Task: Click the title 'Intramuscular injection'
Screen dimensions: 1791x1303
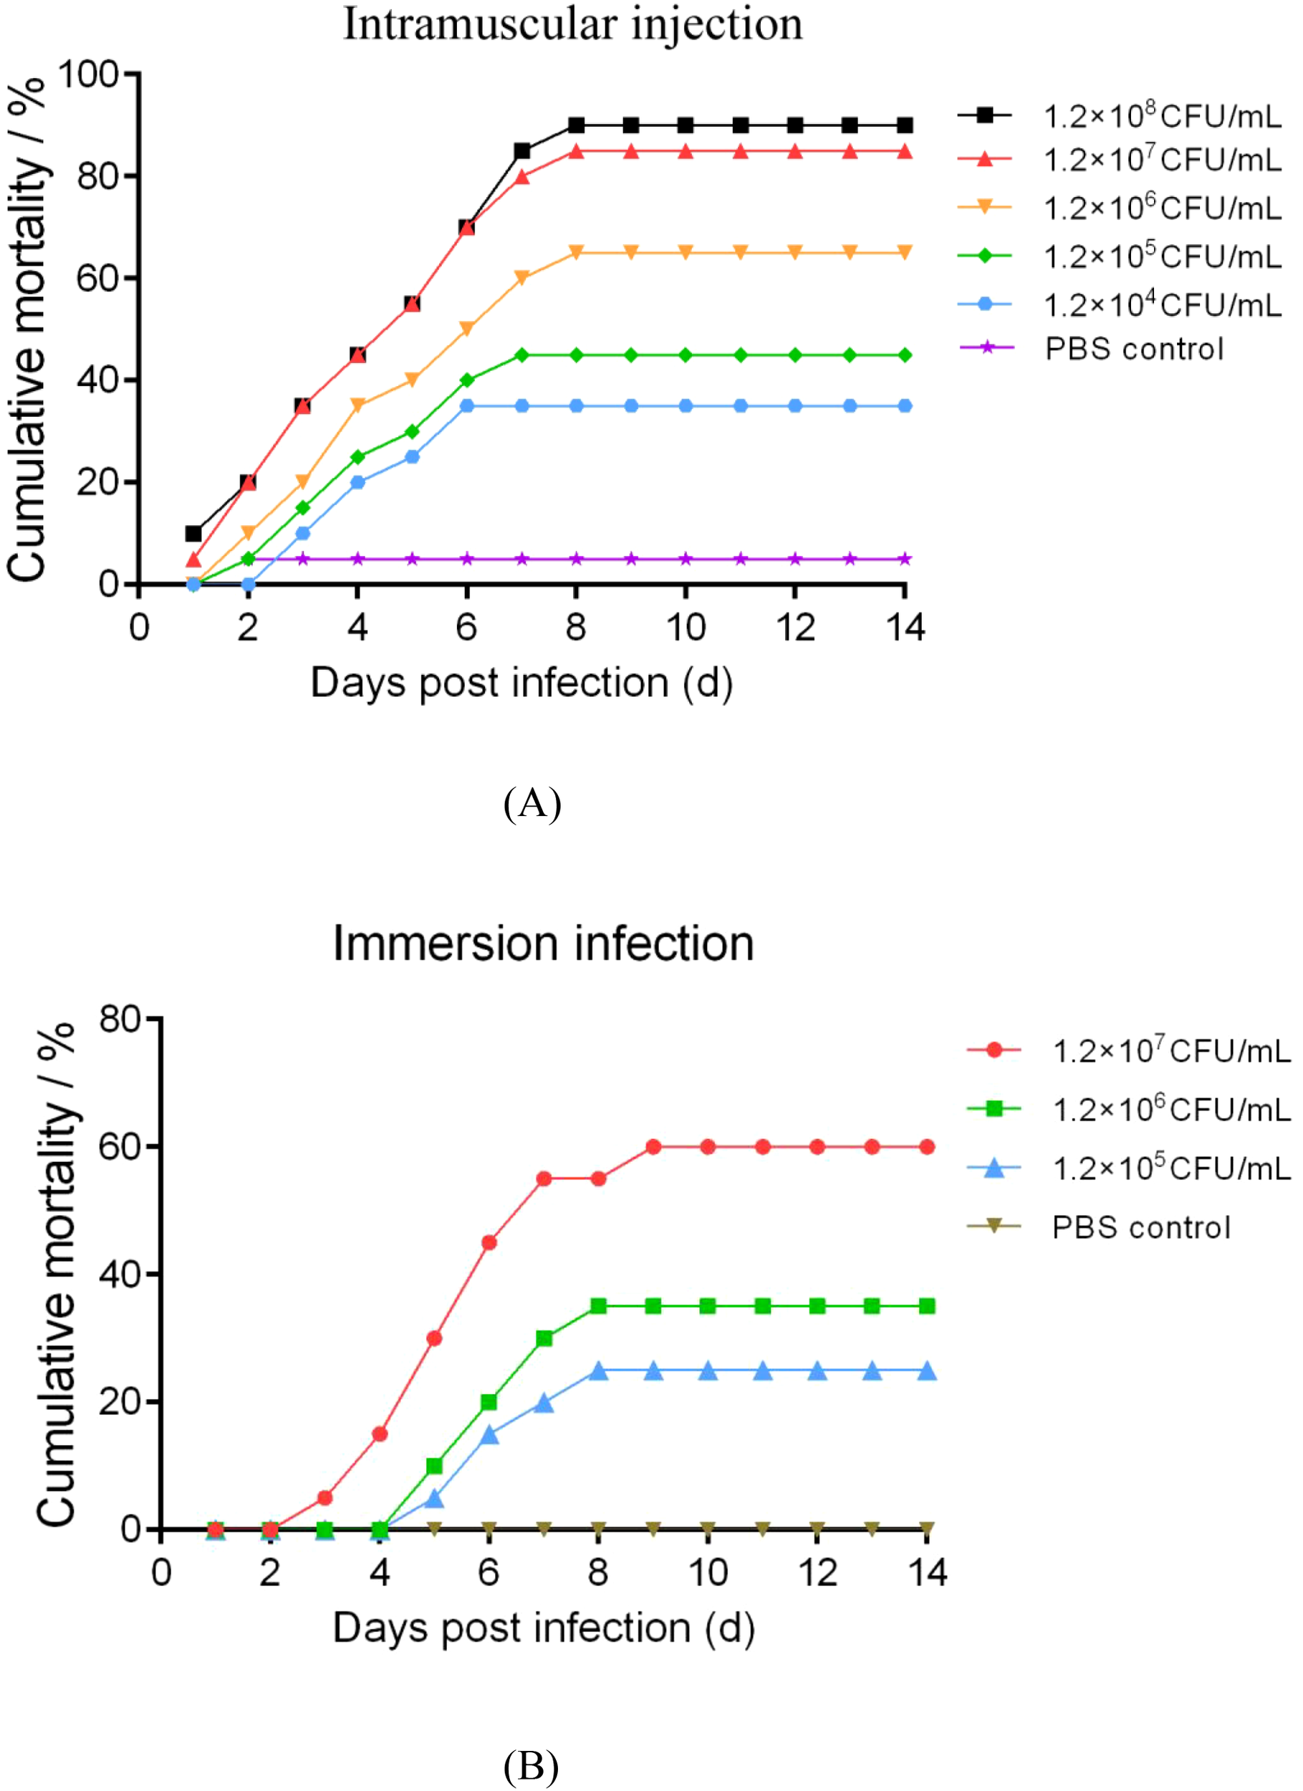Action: (572, 24)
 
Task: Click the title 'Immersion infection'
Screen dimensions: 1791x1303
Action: (543, 943)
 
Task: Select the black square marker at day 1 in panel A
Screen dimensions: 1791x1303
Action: (193, 533)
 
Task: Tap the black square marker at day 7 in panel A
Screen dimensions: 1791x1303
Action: (521, 151)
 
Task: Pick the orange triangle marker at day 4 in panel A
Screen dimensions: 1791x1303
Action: (357, 405)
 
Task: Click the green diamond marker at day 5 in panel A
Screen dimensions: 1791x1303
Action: (412, 431)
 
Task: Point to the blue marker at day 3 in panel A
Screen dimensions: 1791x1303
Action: (302, 533)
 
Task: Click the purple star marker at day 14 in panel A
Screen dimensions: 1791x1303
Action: (905, 559)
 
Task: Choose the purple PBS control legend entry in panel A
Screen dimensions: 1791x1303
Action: (1093, 348)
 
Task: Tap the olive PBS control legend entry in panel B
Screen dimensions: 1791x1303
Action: (1101, 1227)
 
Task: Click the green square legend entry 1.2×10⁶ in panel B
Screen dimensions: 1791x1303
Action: (1129, 1110)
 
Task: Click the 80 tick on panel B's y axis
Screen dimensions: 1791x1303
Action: (120, 1019)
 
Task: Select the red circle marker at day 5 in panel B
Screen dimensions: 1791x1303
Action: (433, 1338)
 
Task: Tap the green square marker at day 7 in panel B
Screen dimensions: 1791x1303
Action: (543, 1338)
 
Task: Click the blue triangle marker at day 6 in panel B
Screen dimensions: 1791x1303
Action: (489, 1434)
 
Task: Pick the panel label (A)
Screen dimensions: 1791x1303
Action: (532, 803)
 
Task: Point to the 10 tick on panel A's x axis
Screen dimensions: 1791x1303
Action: (686, 628)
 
